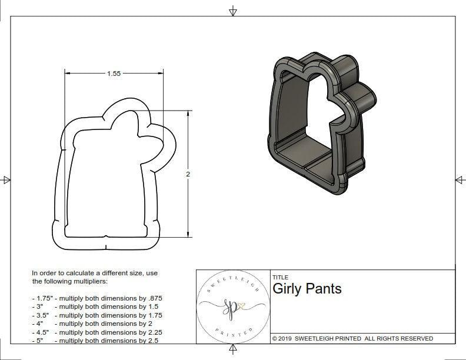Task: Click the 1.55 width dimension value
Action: click(114, 74)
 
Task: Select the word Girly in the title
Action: click(288, 289)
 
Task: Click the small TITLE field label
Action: click(280, 277)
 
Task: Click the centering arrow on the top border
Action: click(233, 11)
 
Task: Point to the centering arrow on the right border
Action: click(459, 179)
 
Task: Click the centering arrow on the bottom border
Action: click(233, 351)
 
